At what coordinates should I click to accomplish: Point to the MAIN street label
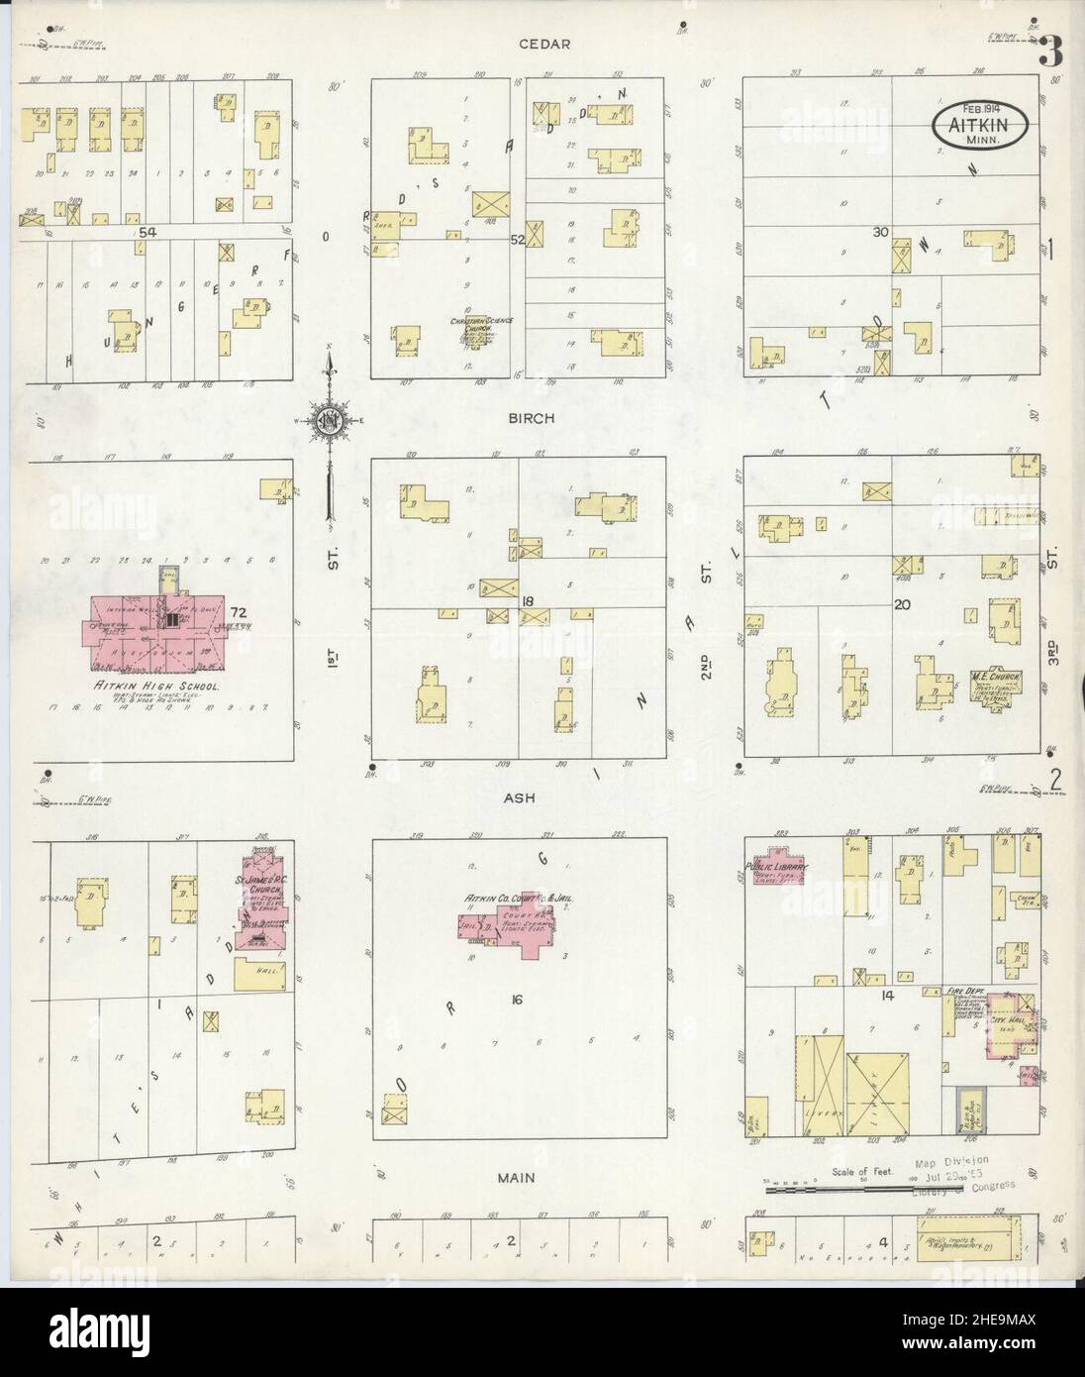click(516, 1178)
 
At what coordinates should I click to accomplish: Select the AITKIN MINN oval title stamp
click(978, 127)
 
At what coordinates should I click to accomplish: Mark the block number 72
click(239, 611)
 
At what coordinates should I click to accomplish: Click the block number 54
click(149, 231)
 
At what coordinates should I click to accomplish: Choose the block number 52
click(516, 239)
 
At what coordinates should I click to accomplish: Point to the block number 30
click(879, 232)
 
